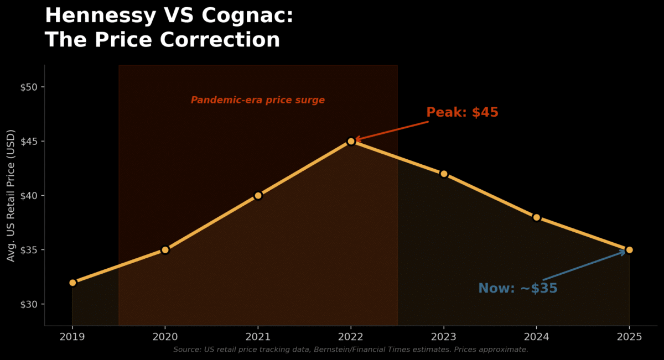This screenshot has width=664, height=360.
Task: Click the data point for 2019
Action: coord(72,283)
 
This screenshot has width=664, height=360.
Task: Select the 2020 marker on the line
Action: coord(165,250)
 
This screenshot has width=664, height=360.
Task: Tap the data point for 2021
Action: coord(258,195)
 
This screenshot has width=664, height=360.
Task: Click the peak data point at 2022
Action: coord(351,141)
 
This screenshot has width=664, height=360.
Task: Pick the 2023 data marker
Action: coord(444,174)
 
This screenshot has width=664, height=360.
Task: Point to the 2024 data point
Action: coord(536,217)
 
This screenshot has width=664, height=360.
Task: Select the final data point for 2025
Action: coord(629,250)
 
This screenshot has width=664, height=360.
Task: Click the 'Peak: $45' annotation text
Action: coord(462,112)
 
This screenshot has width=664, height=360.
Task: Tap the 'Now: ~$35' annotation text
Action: coord(517,289)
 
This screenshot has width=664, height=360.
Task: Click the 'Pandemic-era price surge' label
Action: coord(258,100)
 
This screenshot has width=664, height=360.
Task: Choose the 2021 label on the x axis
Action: coord(258,336)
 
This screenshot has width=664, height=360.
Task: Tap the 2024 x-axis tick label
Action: coord(536,336)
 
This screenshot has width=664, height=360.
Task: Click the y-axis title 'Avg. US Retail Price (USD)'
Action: coord(11,196)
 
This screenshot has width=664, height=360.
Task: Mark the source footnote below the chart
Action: coord(351,349)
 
